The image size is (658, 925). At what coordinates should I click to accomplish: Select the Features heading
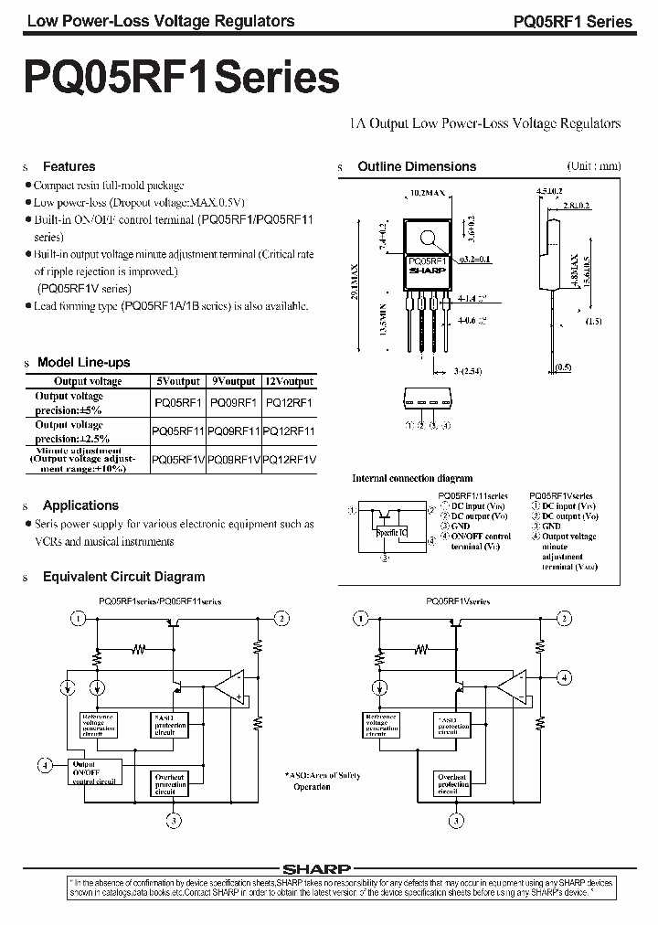(69, 166)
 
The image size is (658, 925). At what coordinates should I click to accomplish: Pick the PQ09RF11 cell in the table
(234, 431)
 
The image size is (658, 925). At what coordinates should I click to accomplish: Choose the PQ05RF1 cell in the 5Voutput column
(178, 402)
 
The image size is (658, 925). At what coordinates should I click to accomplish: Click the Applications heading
(80, 505)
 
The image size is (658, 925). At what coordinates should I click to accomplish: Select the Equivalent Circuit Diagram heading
(123, 577)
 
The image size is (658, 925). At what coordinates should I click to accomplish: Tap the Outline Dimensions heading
(417, 166)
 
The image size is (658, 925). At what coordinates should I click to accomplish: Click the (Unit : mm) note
(593, 165)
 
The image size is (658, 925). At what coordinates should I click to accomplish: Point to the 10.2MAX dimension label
(426, 194)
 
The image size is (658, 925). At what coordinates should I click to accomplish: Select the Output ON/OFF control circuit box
(95, 771)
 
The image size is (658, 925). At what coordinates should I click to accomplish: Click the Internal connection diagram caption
(412, 478)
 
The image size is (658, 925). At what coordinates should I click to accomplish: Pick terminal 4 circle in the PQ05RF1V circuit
(565, 677)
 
